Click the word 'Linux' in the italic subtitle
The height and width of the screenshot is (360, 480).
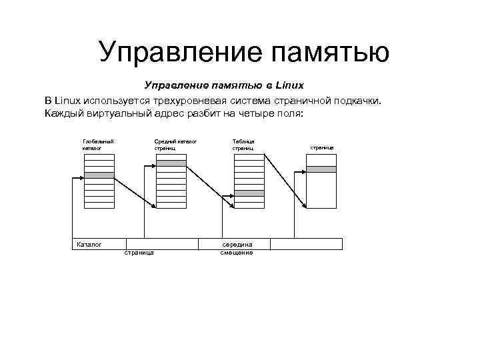289,85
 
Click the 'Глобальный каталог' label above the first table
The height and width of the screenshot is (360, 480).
97,144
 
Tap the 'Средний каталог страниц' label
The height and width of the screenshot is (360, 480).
175,144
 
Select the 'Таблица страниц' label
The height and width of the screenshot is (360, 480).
243,144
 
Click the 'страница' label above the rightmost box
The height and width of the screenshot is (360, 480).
321,147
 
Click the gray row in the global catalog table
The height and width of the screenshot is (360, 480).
99,175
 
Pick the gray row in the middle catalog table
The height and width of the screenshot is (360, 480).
171,163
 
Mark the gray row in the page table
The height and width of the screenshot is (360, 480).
249,193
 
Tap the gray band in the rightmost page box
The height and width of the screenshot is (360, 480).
321,169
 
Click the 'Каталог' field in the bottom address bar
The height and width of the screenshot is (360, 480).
89,244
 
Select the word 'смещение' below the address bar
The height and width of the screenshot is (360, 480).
237,253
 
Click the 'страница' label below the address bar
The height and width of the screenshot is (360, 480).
139,253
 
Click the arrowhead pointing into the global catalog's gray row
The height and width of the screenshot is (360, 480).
83,175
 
